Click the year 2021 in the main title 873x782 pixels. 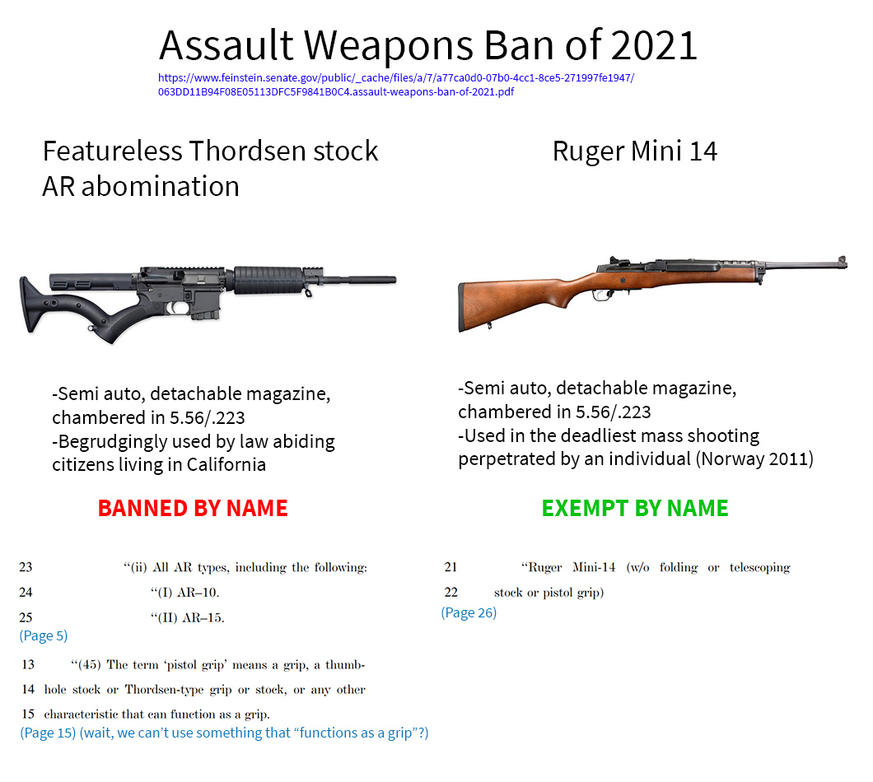tap(654, 45)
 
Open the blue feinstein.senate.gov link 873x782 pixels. tap(396, 85)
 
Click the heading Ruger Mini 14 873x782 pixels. tap(635, 151)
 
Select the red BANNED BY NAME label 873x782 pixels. tap(193, 508)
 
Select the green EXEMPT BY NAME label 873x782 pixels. tap(635, 508)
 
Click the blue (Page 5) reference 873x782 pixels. tap(44, 635)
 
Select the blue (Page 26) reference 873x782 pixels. tap(469, 612)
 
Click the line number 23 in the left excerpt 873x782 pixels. tap(26, 567)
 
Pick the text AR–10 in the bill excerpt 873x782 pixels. tap(197, 592)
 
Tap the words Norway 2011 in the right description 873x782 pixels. tap(754, 458)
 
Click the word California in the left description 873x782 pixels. tap(226, 465)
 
